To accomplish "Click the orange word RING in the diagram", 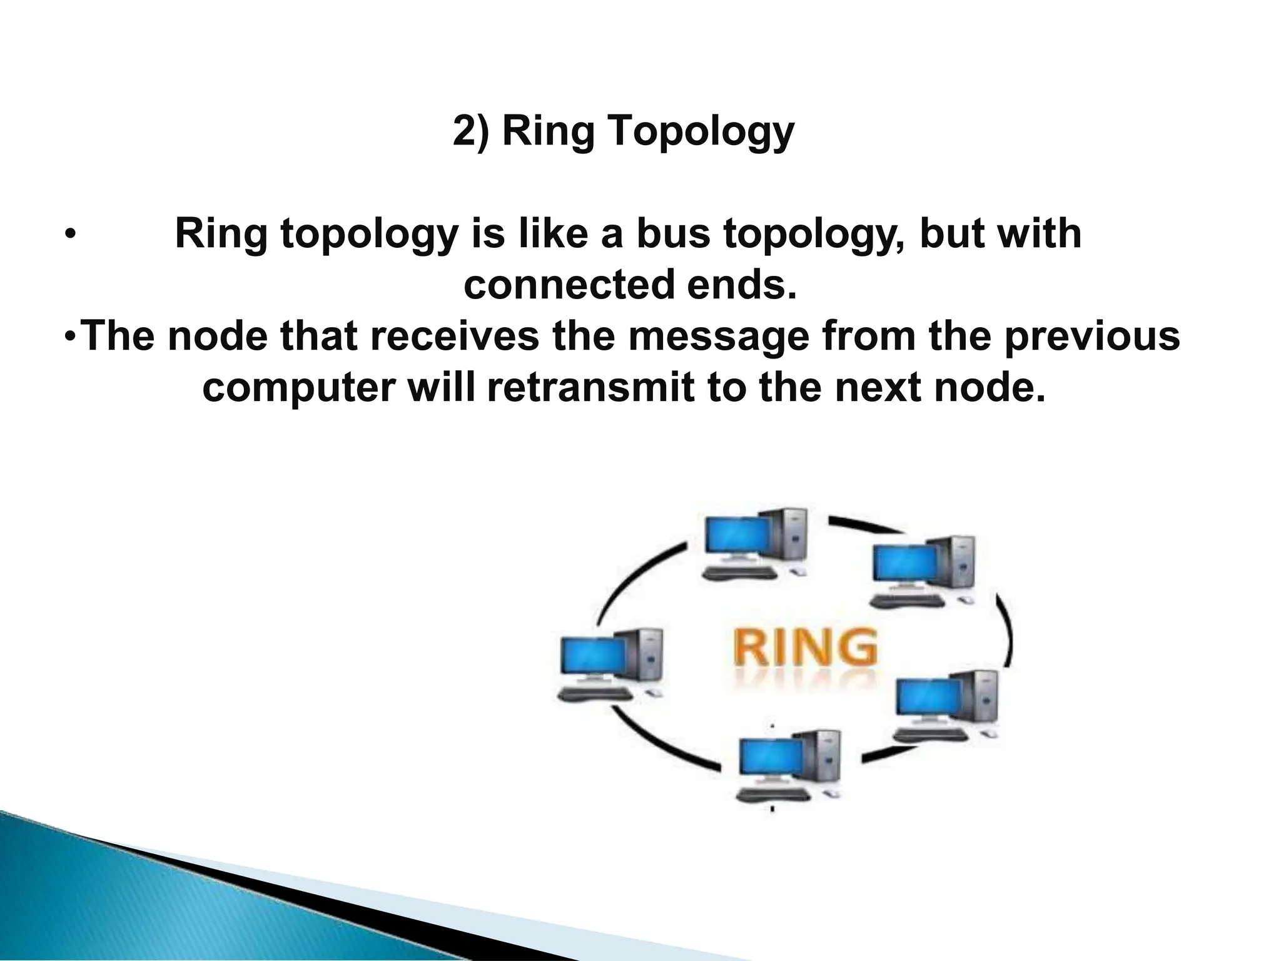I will point(804,647).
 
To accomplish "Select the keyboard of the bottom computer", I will point(774,794).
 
